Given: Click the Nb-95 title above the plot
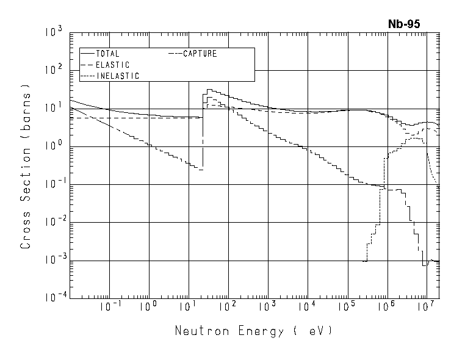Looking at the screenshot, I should click(404, 24).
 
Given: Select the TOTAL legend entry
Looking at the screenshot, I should click(107, 54).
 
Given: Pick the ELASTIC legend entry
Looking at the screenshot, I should click(112, 65).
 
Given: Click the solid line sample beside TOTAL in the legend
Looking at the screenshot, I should click(88, 54).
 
